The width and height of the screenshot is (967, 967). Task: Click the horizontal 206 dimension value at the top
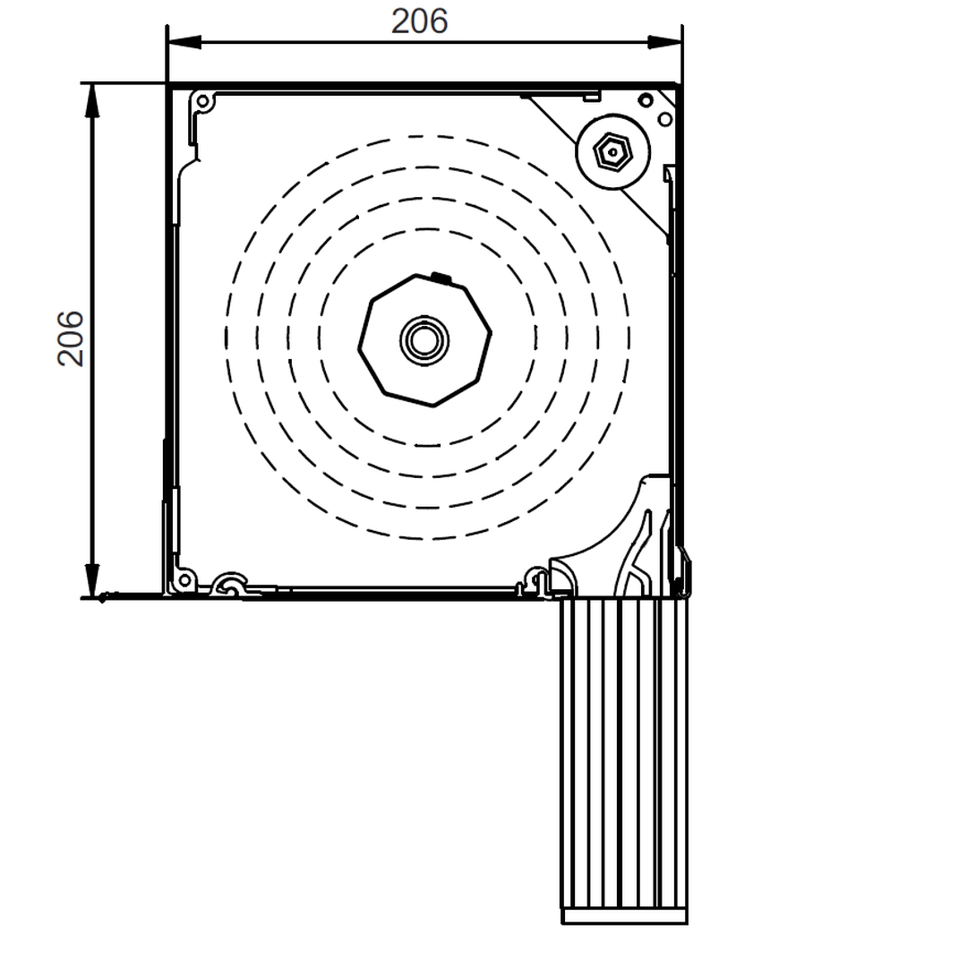pos(419,21)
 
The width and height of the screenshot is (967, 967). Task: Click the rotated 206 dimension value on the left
pos(70,338)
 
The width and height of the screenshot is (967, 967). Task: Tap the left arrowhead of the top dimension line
pos(184,43)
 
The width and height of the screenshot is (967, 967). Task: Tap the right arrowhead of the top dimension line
pos(664,43)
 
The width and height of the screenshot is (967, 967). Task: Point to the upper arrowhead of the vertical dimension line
pos(92,100)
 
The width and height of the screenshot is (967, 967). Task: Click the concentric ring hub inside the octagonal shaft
pos(424,339)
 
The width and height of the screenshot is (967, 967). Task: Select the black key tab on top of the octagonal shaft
pos(441,278)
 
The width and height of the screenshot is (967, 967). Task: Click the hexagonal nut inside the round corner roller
pos(612,151)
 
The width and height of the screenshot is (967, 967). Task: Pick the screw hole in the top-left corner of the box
pos(204,100)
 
